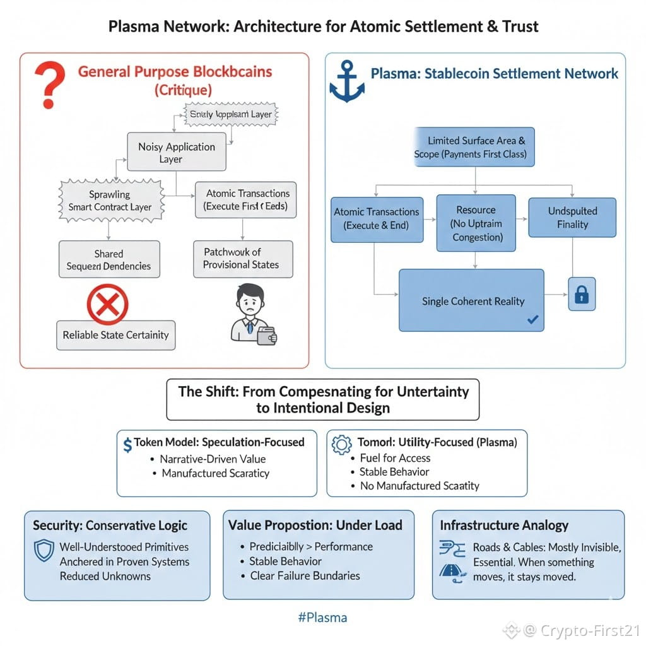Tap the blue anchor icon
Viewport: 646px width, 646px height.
[x=347, y=82]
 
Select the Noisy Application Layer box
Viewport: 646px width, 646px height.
[x=176, y=153]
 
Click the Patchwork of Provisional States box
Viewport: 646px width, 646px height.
[x=243, y=259]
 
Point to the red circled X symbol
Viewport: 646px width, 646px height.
[x=107, y=305]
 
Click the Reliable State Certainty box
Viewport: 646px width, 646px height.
[x=115, y=335]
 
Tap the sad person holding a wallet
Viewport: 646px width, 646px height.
[x=252, y=314]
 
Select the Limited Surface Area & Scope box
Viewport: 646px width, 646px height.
[x=474, y=147]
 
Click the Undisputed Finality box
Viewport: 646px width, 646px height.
[x=572, y=218]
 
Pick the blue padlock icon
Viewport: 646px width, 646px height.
[x=582, y=294]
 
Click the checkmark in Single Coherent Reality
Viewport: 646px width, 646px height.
[x=532, y=320]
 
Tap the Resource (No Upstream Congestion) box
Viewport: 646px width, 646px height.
[x=476, y=223]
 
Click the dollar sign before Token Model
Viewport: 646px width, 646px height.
[x=128, y=444]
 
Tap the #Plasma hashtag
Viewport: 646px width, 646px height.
[x=322, y=617]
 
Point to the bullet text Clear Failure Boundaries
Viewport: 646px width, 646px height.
[x=305, y=575]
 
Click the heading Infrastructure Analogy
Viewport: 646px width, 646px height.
[x=503, y=525]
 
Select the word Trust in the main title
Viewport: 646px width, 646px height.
[x=520, y=26]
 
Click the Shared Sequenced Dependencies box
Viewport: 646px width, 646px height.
[x=109, y=260]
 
